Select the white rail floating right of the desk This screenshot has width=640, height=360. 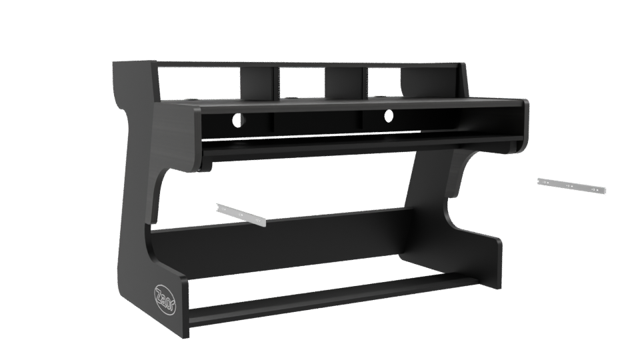click(x=571, y=185)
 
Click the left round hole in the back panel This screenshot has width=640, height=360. click(x=237, y=122)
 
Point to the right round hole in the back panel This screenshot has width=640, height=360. click(x=387, y=120)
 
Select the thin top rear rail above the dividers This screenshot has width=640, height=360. click(x=307, y=65)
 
